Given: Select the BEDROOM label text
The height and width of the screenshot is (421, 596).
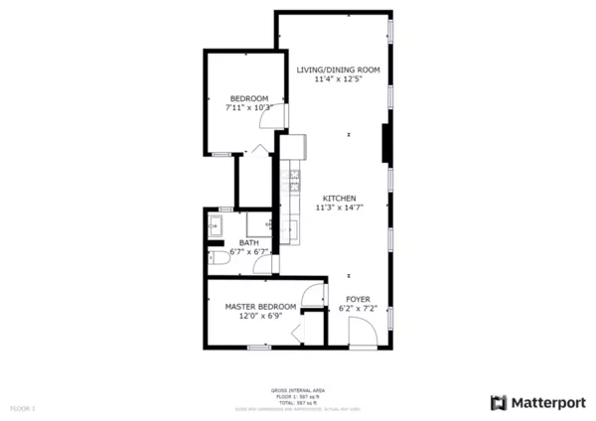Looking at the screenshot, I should coord(248,97).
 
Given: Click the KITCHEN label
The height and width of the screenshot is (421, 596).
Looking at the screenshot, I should coord(339,198).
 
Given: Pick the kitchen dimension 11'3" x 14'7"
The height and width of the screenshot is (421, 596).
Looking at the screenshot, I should coord(337,208).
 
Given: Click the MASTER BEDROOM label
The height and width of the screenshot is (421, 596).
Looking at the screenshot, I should coord(260,306).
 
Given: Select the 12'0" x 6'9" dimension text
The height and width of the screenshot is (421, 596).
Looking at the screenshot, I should coord(260,316).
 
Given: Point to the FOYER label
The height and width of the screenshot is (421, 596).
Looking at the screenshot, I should coord(358,298).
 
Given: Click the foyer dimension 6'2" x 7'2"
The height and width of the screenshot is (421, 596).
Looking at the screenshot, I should coord(359,308).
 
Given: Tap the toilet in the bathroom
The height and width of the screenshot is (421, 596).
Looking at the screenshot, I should coord(220,256).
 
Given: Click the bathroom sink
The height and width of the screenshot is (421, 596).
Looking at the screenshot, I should coord(216,227).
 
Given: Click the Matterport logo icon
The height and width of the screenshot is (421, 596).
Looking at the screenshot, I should coord(499,402).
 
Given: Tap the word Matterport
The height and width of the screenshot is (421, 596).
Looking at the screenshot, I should coord(547,402).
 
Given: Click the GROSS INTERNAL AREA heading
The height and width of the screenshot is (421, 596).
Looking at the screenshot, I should coord(298,390).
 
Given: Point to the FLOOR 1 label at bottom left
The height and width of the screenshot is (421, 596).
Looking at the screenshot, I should coord(22,408).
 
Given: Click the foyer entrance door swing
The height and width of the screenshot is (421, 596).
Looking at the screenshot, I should coord(363,337).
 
